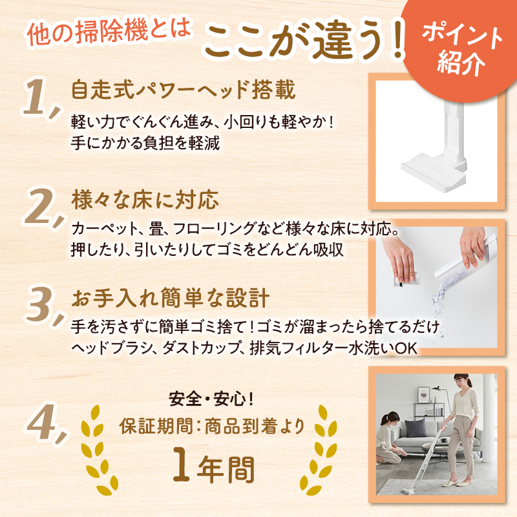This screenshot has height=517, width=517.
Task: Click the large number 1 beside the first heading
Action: click(x=36, y=98)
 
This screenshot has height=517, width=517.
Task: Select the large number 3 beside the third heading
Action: click(x=39, y=303)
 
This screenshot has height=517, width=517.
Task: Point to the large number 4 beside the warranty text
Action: click(x=41, y=421)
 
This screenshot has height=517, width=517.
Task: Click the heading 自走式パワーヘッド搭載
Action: click(x=183, y=89)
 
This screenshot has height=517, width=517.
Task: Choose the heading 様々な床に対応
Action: click(x=145, y=200)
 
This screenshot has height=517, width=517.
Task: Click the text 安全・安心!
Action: click(x=211, y=399)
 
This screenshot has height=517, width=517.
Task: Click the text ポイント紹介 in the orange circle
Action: click(x=461, y=49)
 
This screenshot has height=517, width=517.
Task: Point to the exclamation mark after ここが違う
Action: click(x=399, y=39)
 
